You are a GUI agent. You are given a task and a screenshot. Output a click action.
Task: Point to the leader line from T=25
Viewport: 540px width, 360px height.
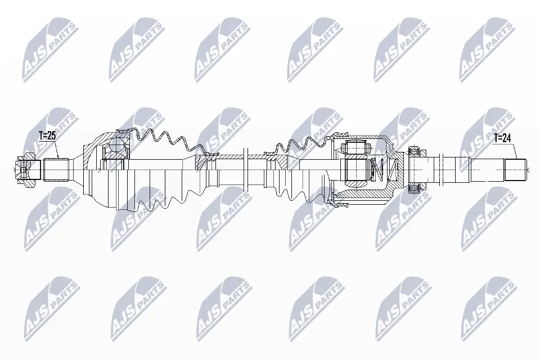55,150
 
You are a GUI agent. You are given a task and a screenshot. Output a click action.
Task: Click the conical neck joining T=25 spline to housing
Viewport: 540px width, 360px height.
76,168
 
